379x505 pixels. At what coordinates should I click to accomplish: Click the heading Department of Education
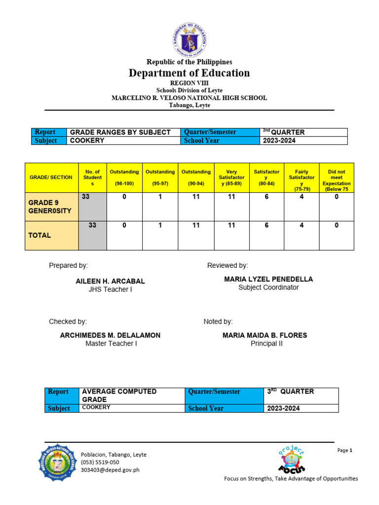pyautogui.click(x=189, y=73)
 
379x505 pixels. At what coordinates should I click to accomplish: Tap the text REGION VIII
pyautogui.click(x=189, y=83)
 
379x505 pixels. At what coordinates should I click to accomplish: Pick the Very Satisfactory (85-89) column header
pyautogui.click(x=231, y=178)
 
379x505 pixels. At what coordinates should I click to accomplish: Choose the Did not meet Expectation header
pyautogui.click(x=337, y=178)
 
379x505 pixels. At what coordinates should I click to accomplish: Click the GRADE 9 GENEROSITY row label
pyautogui.click(x=50, y=207)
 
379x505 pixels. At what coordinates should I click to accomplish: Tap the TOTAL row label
pyautogui.click(x=39, y=235)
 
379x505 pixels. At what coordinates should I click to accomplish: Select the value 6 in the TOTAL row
pyautogui.click(x=266, y=225)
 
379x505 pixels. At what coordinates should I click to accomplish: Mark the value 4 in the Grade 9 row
pyautogui.click(x=302, y=196)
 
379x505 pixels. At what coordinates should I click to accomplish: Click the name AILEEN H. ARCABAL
pyautogui.click(x=110, y=281)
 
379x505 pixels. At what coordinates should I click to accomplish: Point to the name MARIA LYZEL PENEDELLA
pyautogui.click(x=268, y=279)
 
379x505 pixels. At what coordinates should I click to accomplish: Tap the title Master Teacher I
pyautogui.click(x=111, y=343)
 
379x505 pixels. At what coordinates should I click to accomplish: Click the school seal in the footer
pyautogui.click(x=58, y=462)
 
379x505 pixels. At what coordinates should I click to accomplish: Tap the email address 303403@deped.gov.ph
pyautogui.click(x=110, y=470)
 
